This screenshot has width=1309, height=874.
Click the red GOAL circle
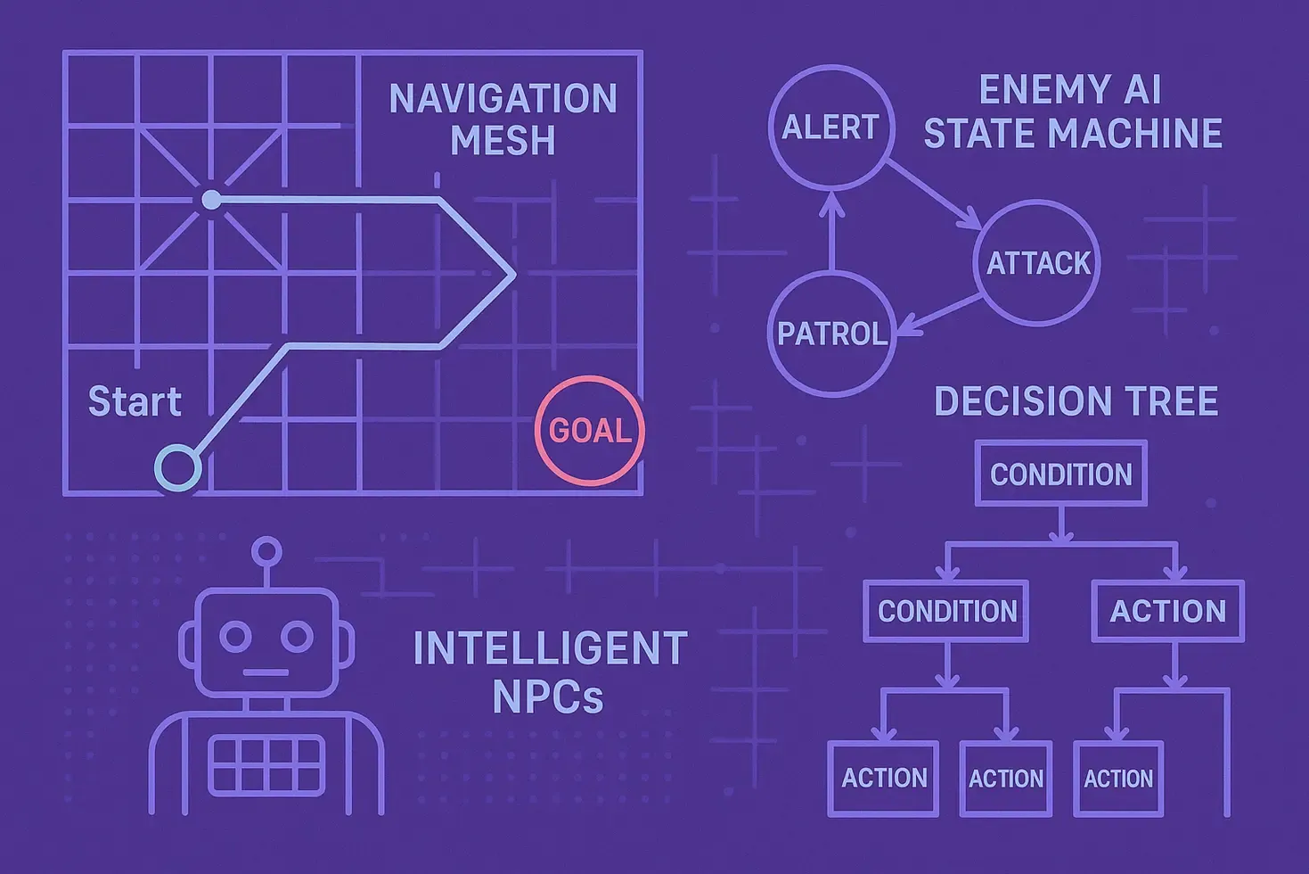point(590,380)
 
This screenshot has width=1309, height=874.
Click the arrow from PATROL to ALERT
point(831,230)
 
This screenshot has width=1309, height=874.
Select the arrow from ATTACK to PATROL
point(938,315)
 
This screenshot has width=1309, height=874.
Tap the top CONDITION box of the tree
point(1061,443)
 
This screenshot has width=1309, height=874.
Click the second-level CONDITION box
point(947,582)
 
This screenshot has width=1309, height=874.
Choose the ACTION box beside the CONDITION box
point(1167,582)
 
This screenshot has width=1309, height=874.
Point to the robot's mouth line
point(266,672)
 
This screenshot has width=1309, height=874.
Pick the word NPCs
point(548,697)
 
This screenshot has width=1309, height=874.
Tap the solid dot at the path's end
point(211,200)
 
